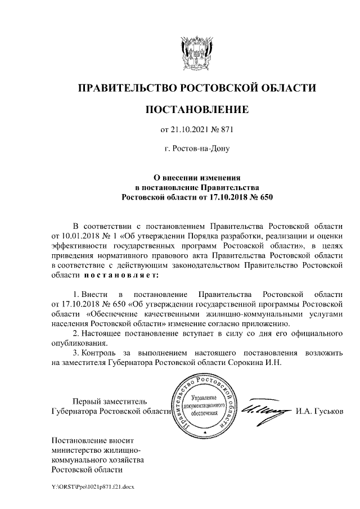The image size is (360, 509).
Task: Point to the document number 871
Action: click(226, 130)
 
